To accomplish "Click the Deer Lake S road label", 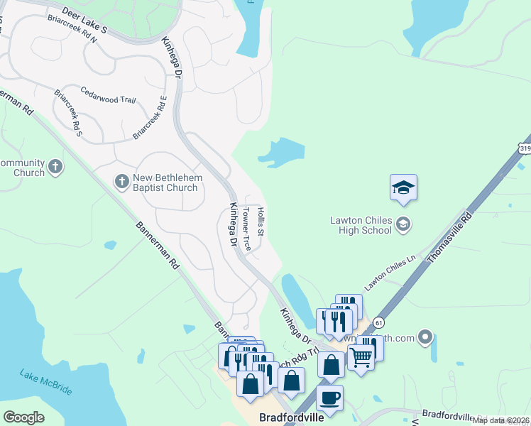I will click(84, 21).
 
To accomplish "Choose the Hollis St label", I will click(261, 222).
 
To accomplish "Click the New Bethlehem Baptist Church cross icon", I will click(121, 182).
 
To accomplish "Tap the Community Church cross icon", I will click(55, 168).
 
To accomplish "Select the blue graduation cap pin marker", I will click(403, 187).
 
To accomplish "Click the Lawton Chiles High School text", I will click(361, 225).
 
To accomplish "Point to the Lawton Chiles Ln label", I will click(389, 273).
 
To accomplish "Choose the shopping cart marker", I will click(361, 358).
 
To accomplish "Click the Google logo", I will click(23, 417).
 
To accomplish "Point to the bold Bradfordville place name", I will click(291, 417).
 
